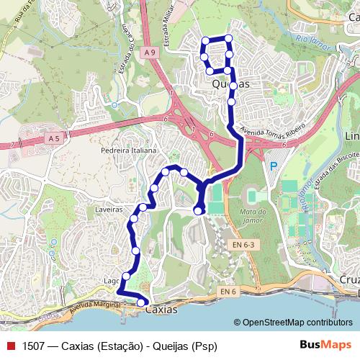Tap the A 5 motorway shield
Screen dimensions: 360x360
coord(54,137)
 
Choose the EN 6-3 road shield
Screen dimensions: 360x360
coord(242,245)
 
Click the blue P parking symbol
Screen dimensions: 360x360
coord(272,166)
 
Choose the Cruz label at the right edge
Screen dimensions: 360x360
coord(348,279)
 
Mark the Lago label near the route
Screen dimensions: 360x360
coord(112,281)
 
